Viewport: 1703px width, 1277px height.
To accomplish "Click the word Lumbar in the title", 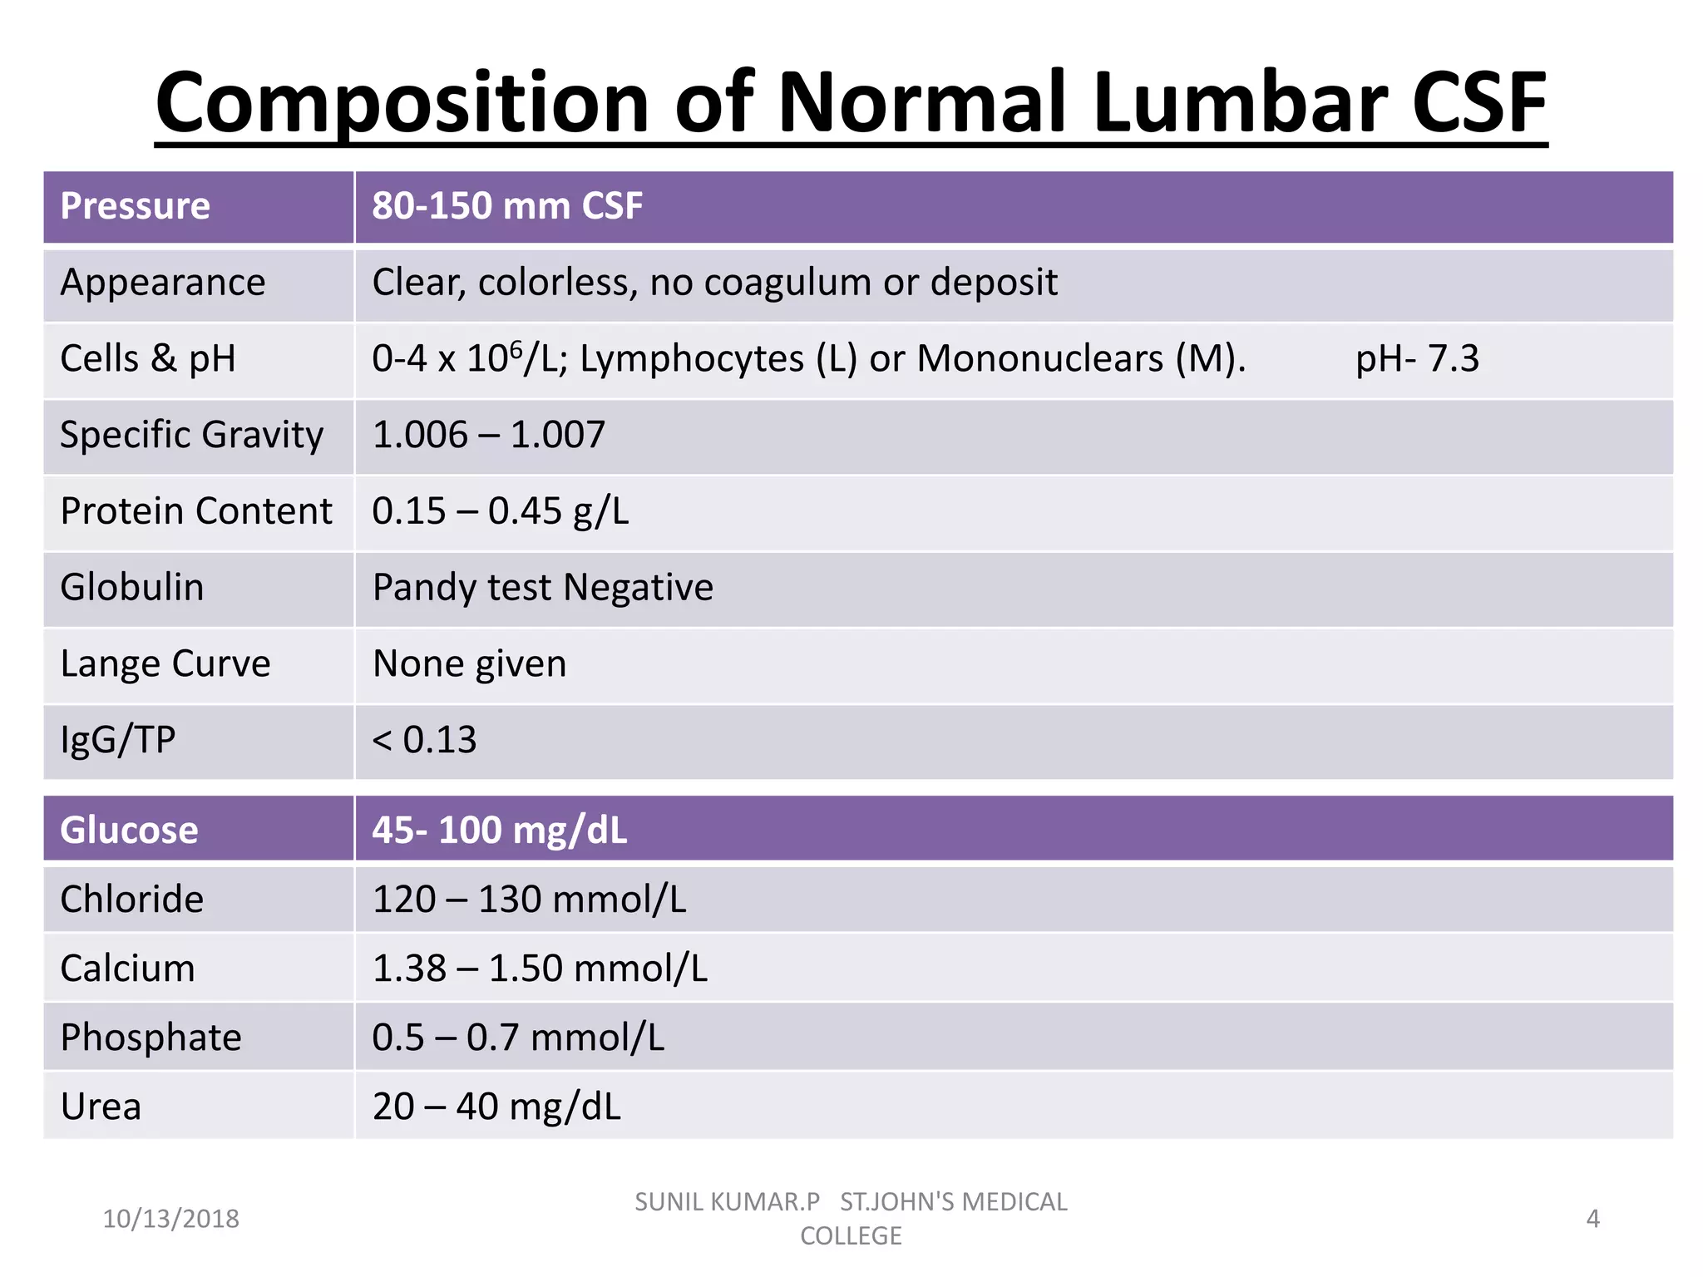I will pos(1239,103).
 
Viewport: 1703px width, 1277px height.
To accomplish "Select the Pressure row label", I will pos(135,206).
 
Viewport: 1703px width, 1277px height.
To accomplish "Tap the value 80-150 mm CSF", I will pos(507,206).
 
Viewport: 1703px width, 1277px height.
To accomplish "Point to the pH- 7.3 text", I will pos(1417,359).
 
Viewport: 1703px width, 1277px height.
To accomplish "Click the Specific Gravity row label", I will pos(191,435).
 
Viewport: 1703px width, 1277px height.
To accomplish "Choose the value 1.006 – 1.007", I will pos(489,435).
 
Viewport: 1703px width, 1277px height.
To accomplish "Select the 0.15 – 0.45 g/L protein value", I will pos(501,511).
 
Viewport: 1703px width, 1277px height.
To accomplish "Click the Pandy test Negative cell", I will pos(543,588).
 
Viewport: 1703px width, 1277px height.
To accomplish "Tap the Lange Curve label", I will pos(165,664).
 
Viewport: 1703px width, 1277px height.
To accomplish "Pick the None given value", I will pos(469,664).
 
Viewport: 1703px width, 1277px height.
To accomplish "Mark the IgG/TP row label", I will pos(118,740).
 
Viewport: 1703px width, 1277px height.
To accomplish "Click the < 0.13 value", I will pos(424,740).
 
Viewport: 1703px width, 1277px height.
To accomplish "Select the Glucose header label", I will pos(129,830).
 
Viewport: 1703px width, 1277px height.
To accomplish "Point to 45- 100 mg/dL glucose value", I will pos(499,830).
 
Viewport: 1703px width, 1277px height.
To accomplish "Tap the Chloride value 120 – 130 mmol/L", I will pos(529,900).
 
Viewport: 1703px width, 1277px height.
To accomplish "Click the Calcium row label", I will pos(127,969).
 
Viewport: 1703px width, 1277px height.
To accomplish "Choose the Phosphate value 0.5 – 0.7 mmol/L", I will pos(518,1038).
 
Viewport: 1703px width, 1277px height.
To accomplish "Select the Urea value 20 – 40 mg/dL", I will pos(496,1107).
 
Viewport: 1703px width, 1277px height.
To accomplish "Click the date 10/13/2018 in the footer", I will pos(170,1219).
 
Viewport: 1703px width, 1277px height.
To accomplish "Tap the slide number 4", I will pos(1592,1219).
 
